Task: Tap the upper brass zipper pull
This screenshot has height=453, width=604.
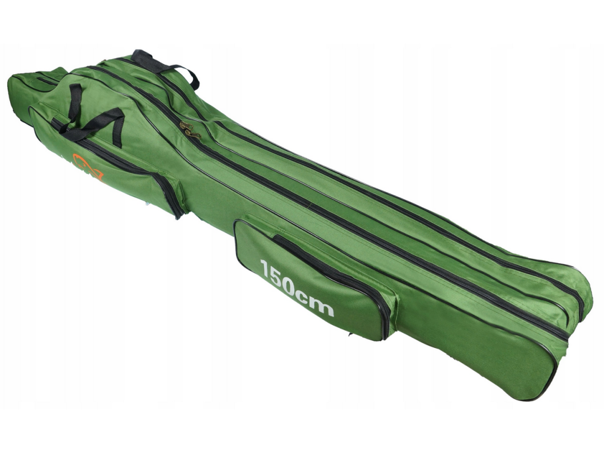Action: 186,125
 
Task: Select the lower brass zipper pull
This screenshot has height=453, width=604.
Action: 193,134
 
